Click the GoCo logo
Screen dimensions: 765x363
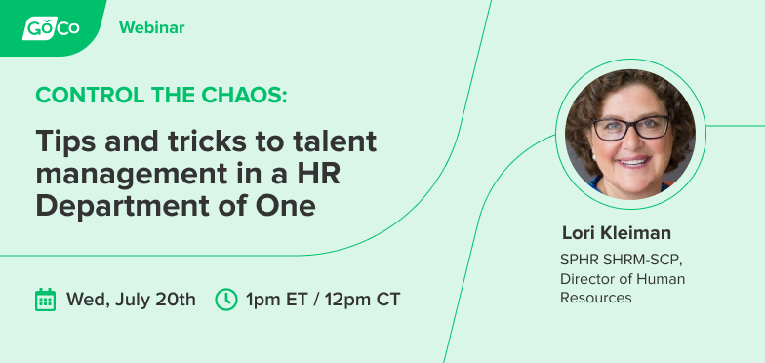click(51, 27)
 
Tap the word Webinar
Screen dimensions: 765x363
click(152, 27)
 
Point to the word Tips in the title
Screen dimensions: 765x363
click(64, 141)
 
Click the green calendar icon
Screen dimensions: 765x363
click(45, 300)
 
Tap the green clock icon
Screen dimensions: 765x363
click(226, 300)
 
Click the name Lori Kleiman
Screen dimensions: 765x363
click(617, 233)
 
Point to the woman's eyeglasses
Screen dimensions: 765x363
click(630, 128)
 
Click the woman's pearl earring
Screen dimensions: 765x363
click(594, 157)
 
